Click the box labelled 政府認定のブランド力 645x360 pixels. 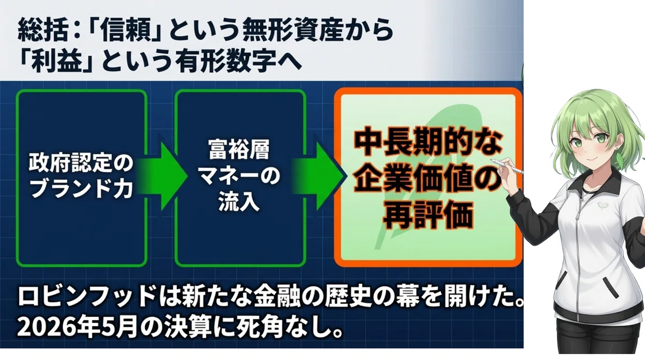click(82, 178)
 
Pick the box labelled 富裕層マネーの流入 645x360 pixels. click(240, 178)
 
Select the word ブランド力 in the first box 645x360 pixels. click(82, 189)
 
